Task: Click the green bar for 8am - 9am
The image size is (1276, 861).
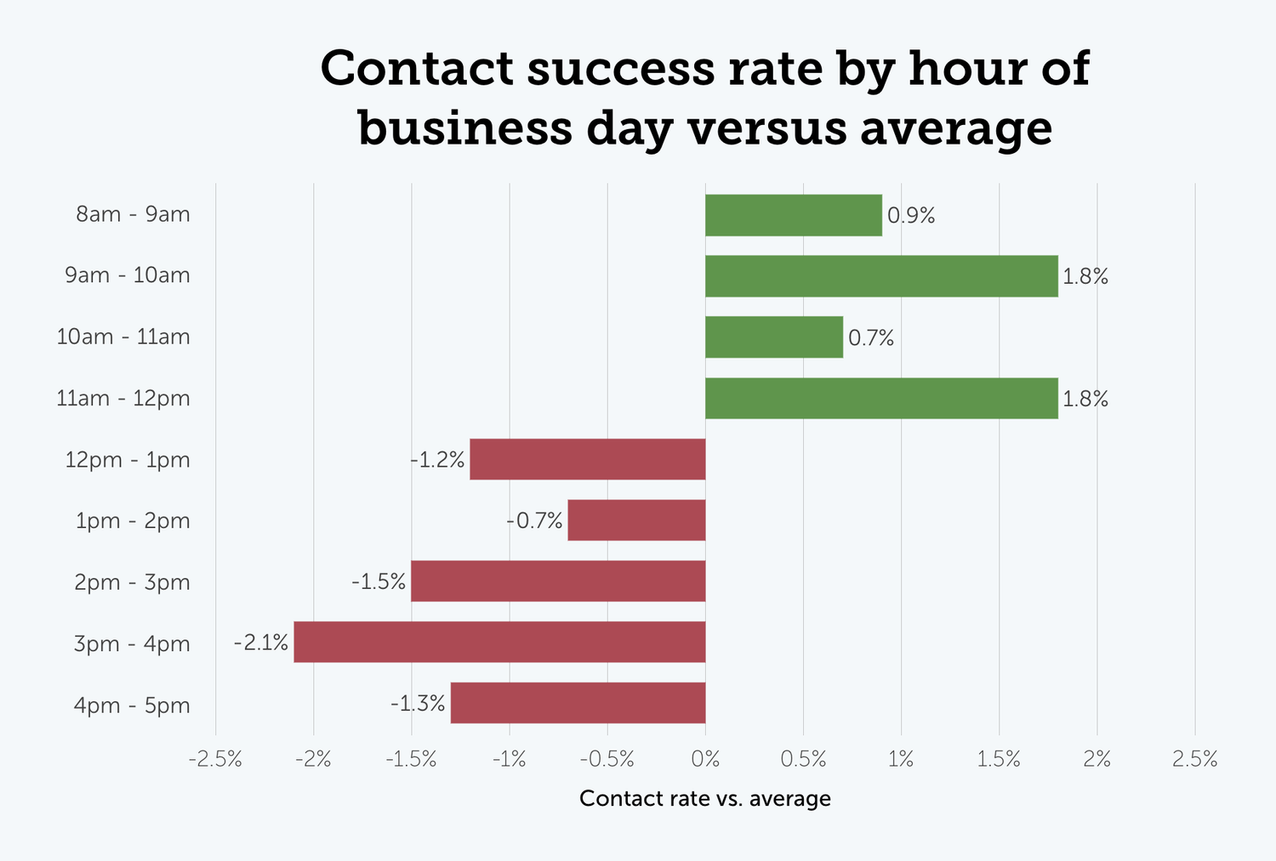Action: point(793,215)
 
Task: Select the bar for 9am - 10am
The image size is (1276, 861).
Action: point(881,276)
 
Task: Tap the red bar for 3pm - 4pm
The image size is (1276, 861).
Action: point(499,642)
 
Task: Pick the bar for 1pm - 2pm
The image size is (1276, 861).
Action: point(636,520)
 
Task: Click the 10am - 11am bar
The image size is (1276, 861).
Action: point(773,337)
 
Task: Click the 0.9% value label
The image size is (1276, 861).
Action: point(911,216)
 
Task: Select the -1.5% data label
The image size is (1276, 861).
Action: point(379,582)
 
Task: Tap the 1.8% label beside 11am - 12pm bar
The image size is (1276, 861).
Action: point(1085,399)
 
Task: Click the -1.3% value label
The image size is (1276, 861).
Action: point(418,704)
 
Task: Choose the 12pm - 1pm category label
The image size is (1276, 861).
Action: point(128,460)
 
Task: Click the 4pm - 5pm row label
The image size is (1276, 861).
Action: point(132,705)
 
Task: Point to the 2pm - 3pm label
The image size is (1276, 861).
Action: point(132,582)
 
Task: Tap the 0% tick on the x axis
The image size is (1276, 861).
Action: point(705,759)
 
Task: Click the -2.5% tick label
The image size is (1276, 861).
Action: point(215,759)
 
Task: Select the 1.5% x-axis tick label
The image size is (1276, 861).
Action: point(999,759)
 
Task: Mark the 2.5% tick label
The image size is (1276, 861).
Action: point(1194,759)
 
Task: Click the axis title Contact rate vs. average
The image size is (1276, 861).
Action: point(704,798)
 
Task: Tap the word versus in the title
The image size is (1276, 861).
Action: point(766,128)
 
